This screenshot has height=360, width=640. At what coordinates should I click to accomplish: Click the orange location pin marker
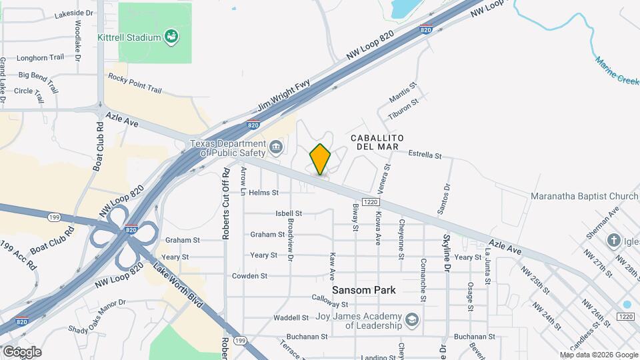pyautogui.click(x=320, y=159)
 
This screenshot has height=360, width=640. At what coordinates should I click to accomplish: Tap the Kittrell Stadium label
pyautogui.click(x=129, y=37)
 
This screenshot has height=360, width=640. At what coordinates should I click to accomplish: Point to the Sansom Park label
pyautogui.click(x=363, y=290)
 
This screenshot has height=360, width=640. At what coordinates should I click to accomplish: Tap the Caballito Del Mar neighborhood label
pyautogui.click(x=374, y=141)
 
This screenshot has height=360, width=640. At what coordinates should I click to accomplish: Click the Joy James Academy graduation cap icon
pyautogui.click(x=413, y=321)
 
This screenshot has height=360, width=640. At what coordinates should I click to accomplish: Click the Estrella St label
pyautogui.click(x=425, y=155)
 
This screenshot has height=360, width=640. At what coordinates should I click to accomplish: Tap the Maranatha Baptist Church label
pyautogui.click(x=585, y=196)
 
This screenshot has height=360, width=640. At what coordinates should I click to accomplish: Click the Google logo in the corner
pyautogui.click(x=22, y=351)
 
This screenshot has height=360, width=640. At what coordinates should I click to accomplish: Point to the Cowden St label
pyautogui.click(x=249, y=275)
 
